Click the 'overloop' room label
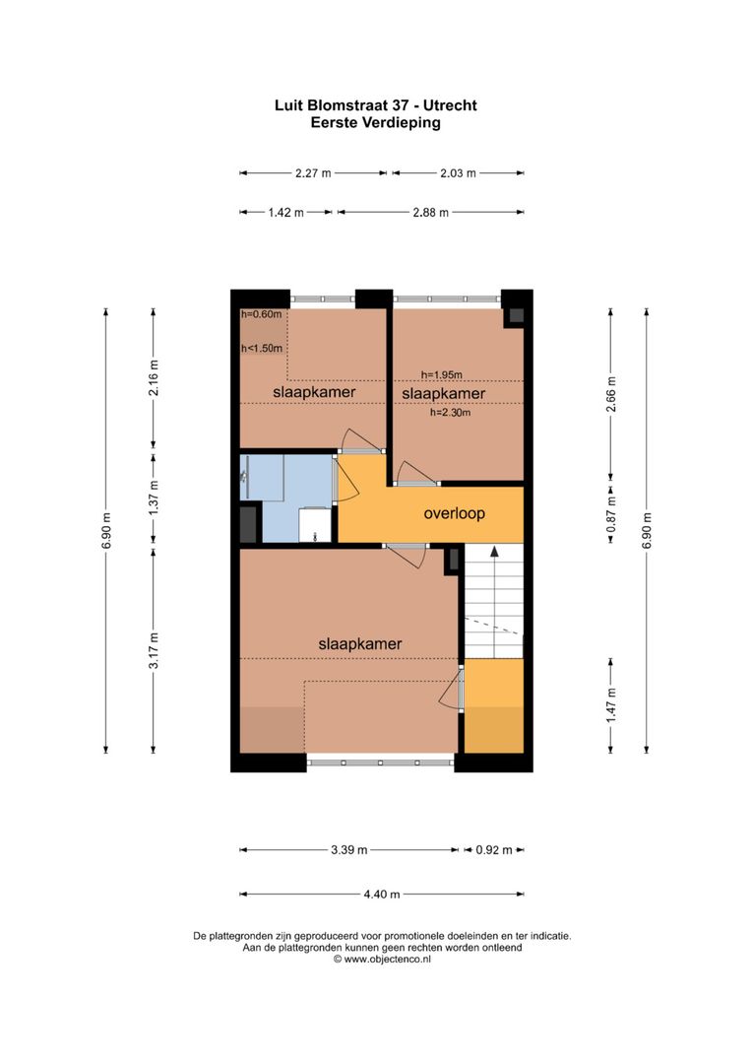[454, 513]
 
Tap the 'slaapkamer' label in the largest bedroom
[359, 643]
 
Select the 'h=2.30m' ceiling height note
[451, 413]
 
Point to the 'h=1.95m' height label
[441, 374]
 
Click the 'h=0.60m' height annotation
[262, 314]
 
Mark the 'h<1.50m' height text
[262, 348]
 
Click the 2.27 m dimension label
[313, 172]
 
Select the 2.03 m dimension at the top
[458, 172]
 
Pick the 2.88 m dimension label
[430, 212]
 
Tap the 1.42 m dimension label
[285, 212]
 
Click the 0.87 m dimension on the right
[611, 513]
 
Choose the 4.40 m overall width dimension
[382, 895]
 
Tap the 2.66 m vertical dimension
[611, 394]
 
